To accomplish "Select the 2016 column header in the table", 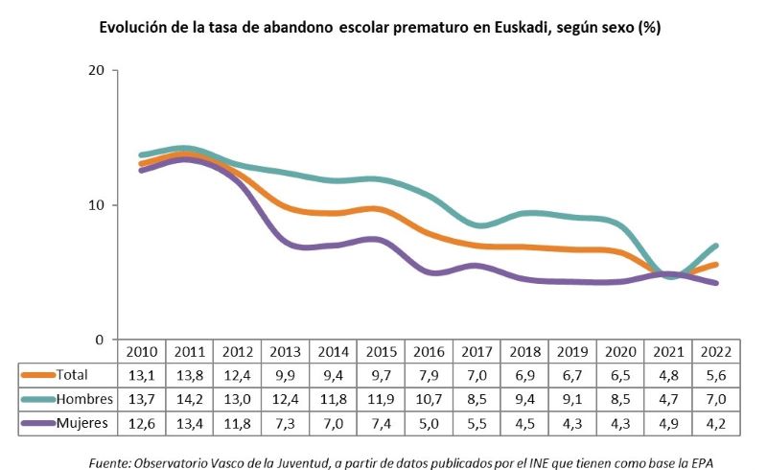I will [x=429, y=351].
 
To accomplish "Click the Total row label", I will [x=73, y=374].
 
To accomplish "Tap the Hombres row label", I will [x=83, y=398].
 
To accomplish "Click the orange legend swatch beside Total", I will [x=37, y=374].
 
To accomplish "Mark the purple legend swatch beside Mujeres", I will [x=37, y=422].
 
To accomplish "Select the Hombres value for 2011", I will [x=189, y=398].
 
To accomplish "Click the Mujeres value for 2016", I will [x=429, y=422].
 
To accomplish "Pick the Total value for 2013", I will [x=285, y=374].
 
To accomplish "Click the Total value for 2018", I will [x=524, y=374].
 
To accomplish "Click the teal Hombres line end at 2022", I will [x=715, y=246].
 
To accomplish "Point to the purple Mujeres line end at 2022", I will [x=715, y=283].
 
